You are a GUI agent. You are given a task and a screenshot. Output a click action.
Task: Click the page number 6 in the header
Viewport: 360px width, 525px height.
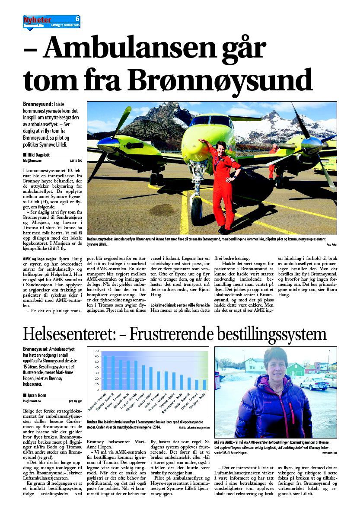pos(77,19)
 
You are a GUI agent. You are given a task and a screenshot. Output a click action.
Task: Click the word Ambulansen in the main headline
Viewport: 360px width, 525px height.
pos(154,48)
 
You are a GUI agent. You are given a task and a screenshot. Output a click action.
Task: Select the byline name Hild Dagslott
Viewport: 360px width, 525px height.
pos(42,154)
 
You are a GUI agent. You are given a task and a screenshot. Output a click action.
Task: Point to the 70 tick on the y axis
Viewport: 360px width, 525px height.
pos(96,351)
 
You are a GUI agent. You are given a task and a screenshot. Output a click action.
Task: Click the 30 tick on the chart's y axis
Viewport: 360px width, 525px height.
pos(96,373)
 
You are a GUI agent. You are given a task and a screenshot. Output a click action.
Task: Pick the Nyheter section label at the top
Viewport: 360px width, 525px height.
pos(37,20)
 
